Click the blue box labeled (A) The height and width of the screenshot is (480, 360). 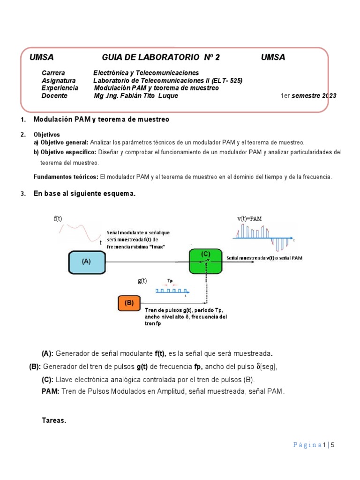click(86, 262)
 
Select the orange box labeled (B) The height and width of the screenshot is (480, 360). click(129, 303)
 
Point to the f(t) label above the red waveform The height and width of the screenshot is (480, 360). click(58, 219)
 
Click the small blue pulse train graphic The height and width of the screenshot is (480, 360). click(171, 291)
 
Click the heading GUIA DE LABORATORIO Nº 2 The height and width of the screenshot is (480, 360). click(160, 58)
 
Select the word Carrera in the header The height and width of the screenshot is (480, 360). click(53, 73)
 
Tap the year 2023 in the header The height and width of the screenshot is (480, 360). click(329, 96)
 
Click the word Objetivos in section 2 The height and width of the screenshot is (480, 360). click(47, 135)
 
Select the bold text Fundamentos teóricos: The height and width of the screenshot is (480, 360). click(65, 177)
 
